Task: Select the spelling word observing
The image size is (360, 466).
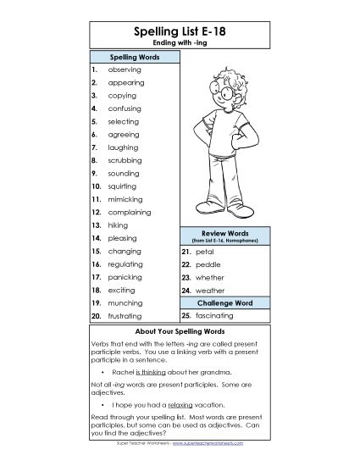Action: [x=125, y=69]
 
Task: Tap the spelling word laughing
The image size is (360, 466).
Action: [x=124, y=147]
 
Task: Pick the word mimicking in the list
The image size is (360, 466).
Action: [x=126, y=198]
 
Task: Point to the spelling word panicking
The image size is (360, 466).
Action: [x=125, y=276]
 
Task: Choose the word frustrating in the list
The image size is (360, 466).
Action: [x=125, y=315]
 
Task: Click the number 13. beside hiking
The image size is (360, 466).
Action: [x=97, y=225]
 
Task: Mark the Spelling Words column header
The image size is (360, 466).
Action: [x=135, y=57]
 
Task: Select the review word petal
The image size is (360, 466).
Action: [x=204, y=252]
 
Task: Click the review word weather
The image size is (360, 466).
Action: [x=210, y=290]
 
